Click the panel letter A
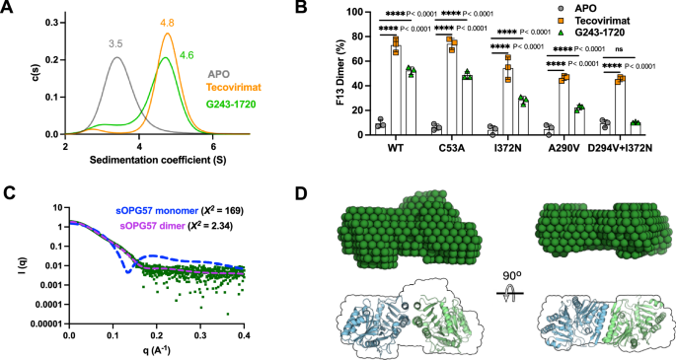tap(7, 9)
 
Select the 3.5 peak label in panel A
tap(116, 44)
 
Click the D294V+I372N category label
tap(616, 151)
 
